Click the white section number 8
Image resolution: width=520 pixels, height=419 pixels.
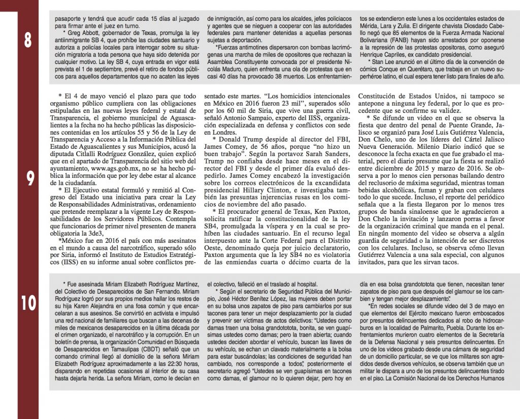29,41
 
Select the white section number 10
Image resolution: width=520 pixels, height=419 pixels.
29,303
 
